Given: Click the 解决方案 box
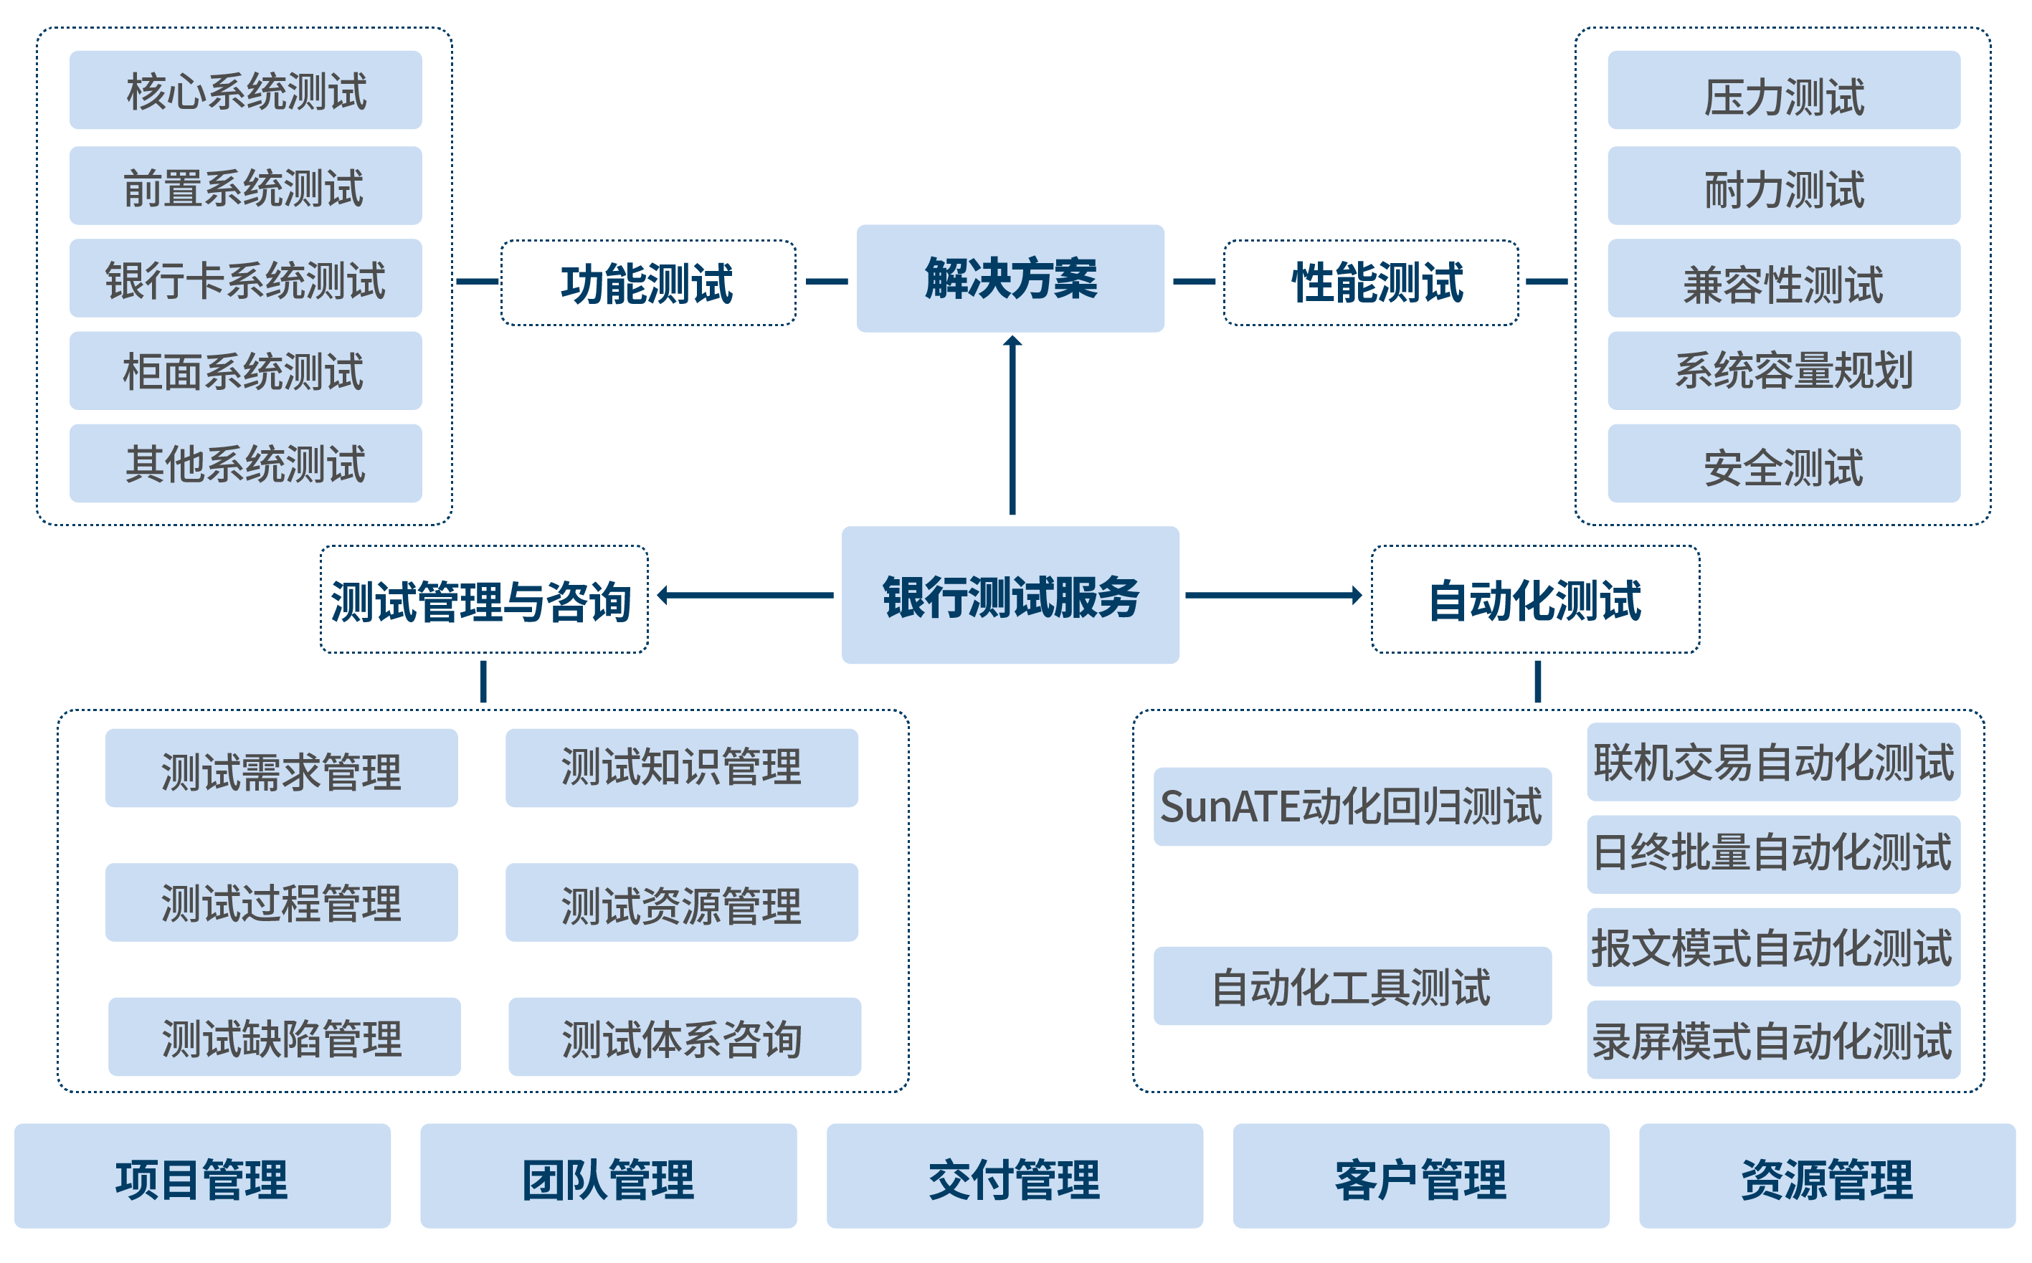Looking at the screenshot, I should click(1010, 278).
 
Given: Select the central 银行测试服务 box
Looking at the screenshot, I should click(1010, 595).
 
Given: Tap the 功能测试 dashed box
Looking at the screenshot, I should click(647, 283).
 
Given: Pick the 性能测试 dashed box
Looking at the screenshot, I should click(1370, 283).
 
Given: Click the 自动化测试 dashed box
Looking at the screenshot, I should click(1535, 600).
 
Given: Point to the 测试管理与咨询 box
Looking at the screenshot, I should click(484, 600).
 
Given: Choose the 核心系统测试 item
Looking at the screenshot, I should click(246, 90).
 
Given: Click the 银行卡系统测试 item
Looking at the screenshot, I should click(246, 278).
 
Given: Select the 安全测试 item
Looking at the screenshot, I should click(1783, 464).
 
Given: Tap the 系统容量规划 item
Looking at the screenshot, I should click(1783, 371).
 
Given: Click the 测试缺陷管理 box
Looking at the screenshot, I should click(284, 1036).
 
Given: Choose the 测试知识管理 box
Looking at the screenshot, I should click(681, 768).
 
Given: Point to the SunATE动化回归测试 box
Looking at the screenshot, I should click(1351, 807).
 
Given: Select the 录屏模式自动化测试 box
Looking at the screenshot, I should click(1772, 1040).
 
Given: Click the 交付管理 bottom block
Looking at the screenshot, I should click(1015, 1176).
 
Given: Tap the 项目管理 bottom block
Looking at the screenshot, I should click(202, 1176).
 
